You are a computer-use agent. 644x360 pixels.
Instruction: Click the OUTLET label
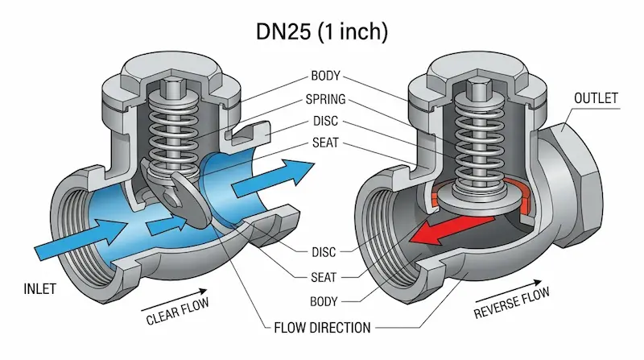coord(596,98)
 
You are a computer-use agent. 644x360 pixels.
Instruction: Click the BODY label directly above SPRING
coord(326,77)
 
